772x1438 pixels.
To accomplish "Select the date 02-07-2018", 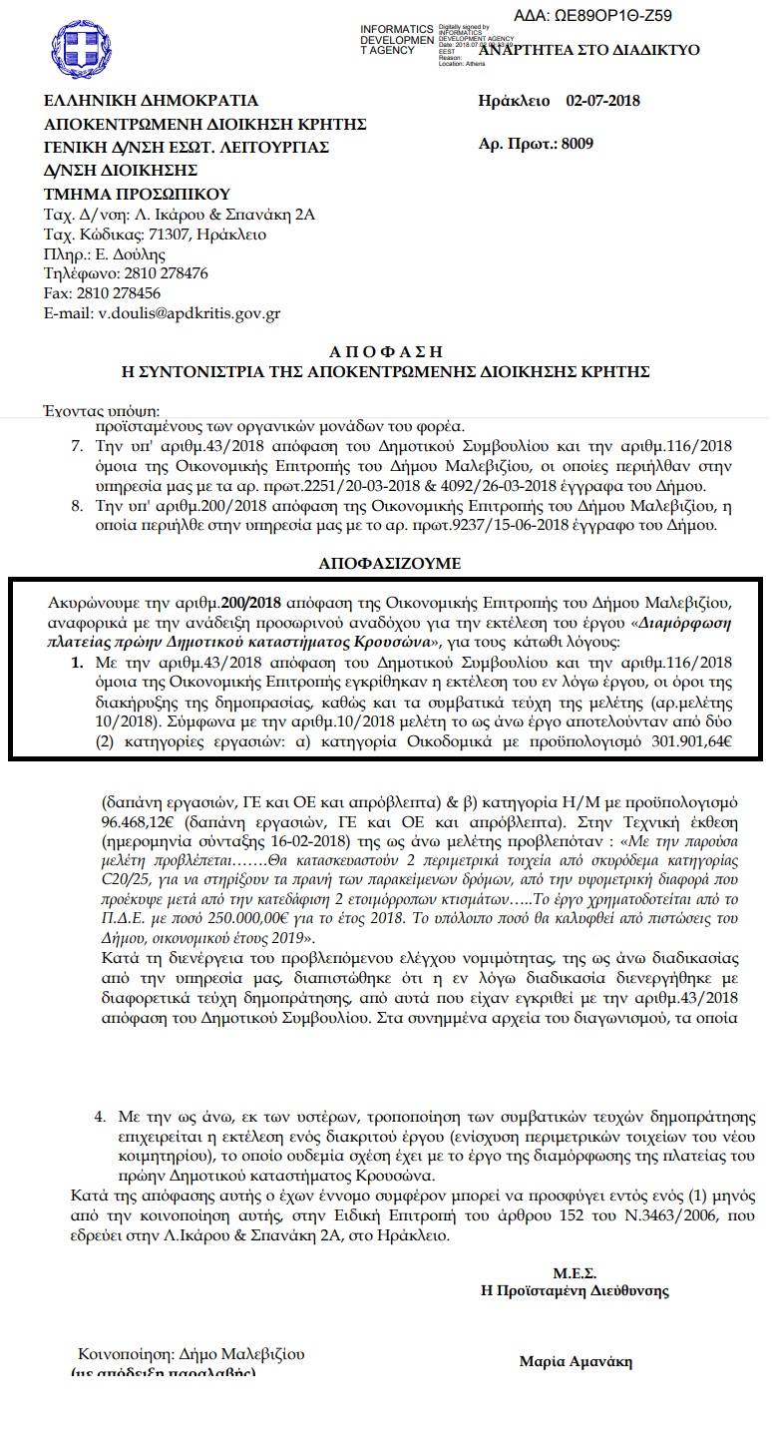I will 602,101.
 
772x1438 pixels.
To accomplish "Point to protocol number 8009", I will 578,143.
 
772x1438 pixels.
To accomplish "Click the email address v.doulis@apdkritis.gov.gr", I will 190,313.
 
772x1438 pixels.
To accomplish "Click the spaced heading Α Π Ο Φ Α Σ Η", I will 384,352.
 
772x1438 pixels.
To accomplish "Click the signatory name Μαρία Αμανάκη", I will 576,1362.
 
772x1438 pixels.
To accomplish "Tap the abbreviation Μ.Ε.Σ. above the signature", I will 575,1273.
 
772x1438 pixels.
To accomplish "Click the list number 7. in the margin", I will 76,445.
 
